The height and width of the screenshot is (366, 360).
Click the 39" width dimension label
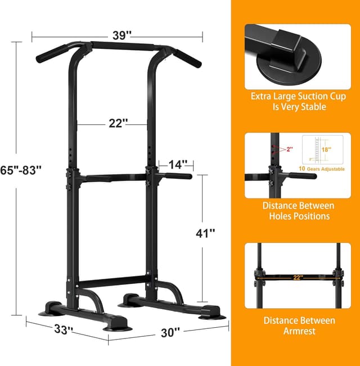121,35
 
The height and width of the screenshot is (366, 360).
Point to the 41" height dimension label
205,233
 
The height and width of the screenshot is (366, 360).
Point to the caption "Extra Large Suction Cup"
298,97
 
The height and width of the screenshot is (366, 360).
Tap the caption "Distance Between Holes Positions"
298,211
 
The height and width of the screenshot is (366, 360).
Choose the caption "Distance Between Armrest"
298,326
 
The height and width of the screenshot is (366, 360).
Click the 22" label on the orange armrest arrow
298,277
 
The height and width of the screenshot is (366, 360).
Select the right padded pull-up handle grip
188,56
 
